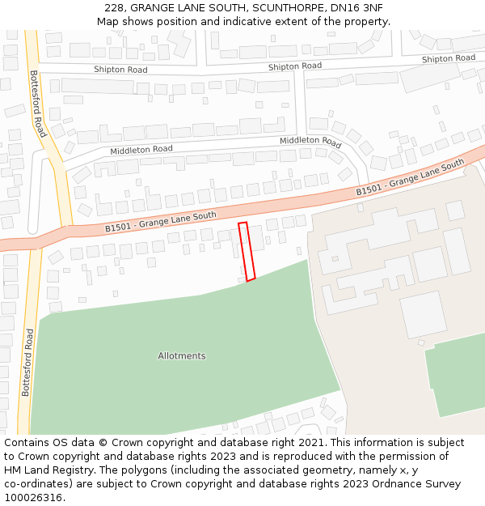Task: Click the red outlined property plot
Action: [247, 251]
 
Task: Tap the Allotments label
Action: [182, 356]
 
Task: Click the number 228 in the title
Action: [114, 8]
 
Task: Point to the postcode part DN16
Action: [338, 8]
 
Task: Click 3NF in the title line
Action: [371, 8]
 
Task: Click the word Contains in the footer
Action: [27, 443]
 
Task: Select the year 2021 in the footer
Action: [310, 443]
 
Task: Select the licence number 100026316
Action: [32, 498]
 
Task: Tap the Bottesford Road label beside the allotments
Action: [27, 362]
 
